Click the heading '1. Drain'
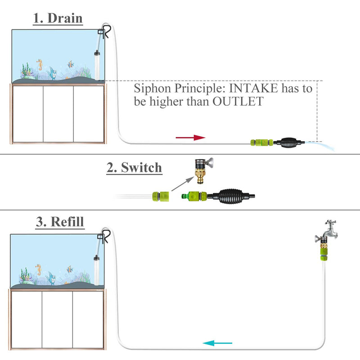[58, 18]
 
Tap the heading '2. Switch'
[134, 168]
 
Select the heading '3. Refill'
[60, 222]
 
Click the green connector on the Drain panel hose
[261, 143]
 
